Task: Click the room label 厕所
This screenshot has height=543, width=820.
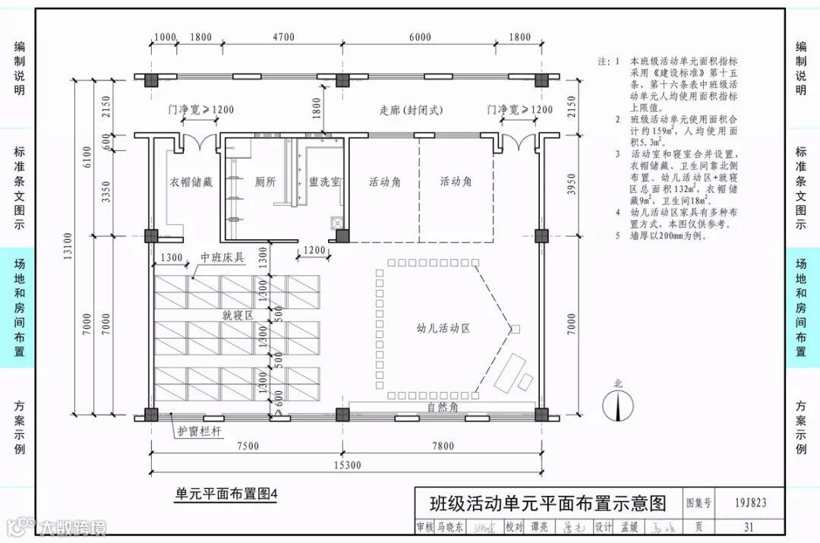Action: pos(264,182)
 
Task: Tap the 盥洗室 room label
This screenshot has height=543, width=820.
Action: pos(325,182)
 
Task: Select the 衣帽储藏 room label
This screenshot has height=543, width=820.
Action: pos(191,182)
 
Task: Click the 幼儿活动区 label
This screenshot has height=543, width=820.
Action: pos(443,329)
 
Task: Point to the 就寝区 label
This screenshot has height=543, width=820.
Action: pos(237,314)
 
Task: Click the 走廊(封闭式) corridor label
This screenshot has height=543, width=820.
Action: pos(411,110)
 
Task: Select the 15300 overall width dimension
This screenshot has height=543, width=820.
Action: pos(345,465)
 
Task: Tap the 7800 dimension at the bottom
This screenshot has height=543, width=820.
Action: pos(442,446)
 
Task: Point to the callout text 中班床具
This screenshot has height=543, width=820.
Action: pos(222,258)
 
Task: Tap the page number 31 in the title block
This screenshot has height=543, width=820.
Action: pos(749,527)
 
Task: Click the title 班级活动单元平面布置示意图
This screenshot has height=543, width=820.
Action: pos(547,503)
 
